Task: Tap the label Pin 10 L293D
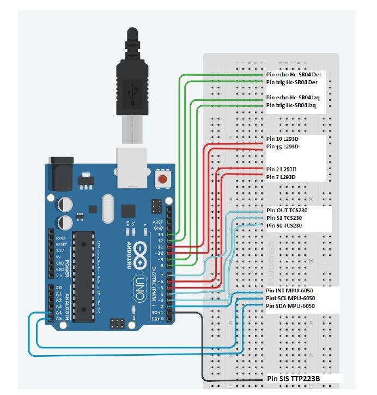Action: [x=283, y=139]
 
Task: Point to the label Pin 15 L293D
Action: [x=283, y=147]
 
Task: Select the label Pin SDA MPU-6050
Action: [x=291, y=306]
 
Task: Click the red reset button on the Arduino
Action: [x=162, y=179]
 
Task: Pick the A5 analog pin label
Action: [x=59, y=319]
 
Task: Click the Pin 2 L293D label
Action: [x=281, y=169]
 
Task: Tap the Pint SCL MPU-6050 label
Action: [x=291, y=298]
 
